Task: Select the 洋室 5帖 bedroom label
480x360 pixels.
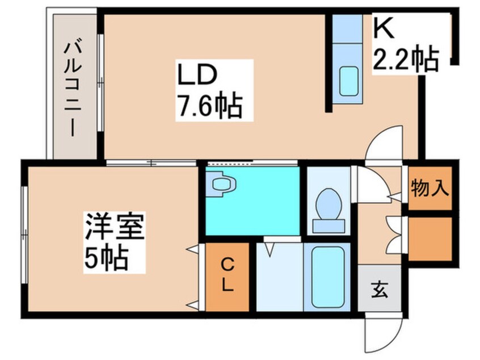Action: (115, 242)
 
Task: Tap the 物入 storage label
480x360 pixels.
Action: (430, 187)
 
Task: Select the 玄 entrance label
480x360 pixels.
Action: (380, 290)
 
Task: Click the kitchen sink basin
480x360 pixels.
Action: (349, 81)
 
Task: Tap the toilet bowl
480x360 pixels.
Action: (329, 204)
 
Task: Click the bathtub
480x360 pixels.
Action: (327, 277)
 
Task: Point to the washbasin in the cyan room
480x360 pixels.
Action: (221, 184)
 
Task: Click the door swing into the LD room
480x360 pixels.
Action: (384, 143)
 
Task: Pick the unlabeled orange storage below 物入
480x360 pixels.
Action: (431, 239)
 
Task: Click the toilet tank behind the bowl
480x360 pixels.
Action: (329, 226)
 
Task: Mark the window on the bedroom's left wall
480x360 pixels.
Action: (24, 235)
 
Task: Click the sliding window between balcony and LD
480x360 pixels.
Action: (100, 83)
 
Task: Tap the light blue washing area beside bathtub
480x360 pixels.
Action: (280, 277)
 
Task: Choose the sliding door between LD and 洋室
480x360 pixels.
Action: (151, 163)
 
